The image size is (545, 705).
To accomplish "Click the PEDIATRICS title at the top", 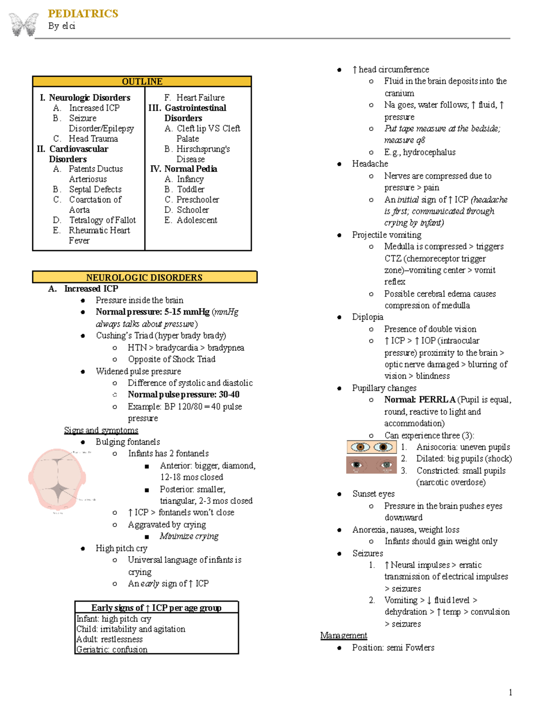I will (x=83, y=14).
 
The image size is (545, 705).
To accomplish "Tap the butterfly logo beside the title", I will (x=24, y=25).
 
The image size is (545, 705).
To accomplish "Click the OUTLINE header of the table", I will (x=142, y=82).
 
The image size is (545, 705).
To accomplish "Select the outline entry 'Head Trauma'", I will (x=93, y=139).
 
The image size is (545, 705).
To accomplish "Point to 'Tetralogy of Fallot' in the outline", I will (x=102, y=220).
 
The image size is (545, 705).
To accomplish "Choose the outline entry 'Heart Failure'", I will (x=200, y=98).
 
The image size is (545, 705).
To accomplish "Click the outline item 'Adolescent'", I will (x=197, y=220).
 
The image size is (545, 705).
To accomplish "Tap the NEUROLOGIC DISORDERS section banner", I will (x=144, y=277).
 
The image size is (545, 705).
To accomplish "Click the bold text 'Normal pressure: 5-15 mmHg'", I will (x=153, y=312).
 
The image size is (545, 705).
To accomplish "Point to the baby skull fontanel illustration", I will (x=57, y=480).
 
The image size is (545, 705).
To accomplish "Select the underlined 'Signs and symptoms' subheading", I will (x=101, y=430).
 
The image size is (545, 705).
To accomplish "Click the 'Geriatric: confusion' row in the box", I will (x=112, y=649).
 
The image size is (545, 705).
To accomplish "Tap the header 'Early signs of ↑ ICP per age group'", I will (x=156, y=608).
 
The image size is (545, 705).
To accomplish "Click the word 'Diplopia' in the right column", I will (x=367, y=317).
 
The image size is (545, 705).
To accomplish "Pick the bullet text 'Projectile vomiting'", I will (x=386, y=235).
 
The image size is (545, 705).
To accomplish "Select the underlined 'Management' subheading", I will (x=343, y=636).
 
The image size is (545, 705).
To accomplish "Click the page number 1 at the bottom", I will (x=510, y=692).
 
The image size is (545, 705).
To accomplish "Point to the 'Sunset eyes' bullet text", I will (x=373, y=494).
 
